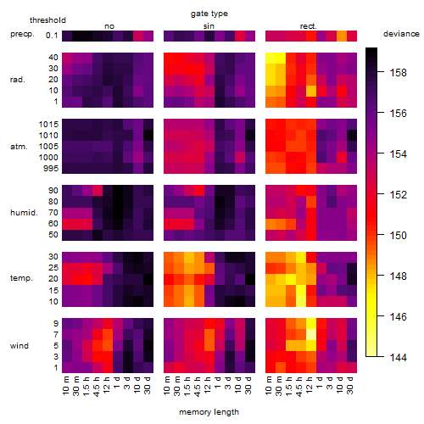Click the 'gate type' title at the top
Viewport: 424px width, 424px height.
tap(209, 14)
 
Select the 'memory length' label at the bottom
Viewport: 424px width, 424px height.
tap(209, 412)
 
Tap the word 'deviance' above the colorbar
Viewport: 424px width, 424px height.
tap(401, 34)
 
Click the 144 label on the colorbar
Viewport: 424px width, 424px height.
tap(399, 358)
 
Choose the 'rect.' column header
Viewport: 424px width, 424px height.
tap(309, 26)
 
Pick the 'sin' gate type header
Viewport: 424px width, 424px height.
tap(209, 26)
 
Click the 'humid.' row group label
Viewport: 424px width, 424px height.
tap(24, 213)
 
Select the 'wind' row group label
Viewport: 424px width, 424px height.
tap(20, 346)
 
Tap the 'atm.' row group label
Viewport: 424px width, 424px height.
tap(19, 147)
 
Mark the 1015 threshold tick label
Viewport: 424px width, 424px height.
tap(48, 125)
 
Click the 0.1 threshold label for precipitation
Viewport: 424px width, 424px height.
tap(52, 36)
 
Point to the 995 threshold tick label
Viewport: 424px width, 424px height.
tap(51, 169)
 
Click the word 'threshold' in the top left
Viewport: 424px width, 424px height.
tap(47, 20)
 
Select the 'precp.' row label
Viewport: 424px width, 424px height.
tap(22, 34)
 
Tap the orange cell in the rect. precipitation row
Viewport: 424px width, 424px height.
tap(342, 36)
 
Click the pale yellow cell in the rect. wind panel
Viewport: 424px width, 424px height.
tap(311, 335)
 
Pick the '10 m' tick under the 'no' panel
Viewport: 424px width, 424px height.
tap(66, 385)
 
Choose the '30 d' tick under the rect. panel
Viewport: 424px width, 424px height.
tap(350, 385)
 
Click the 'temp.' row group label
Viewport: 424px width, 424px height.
tap(21, 278)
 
